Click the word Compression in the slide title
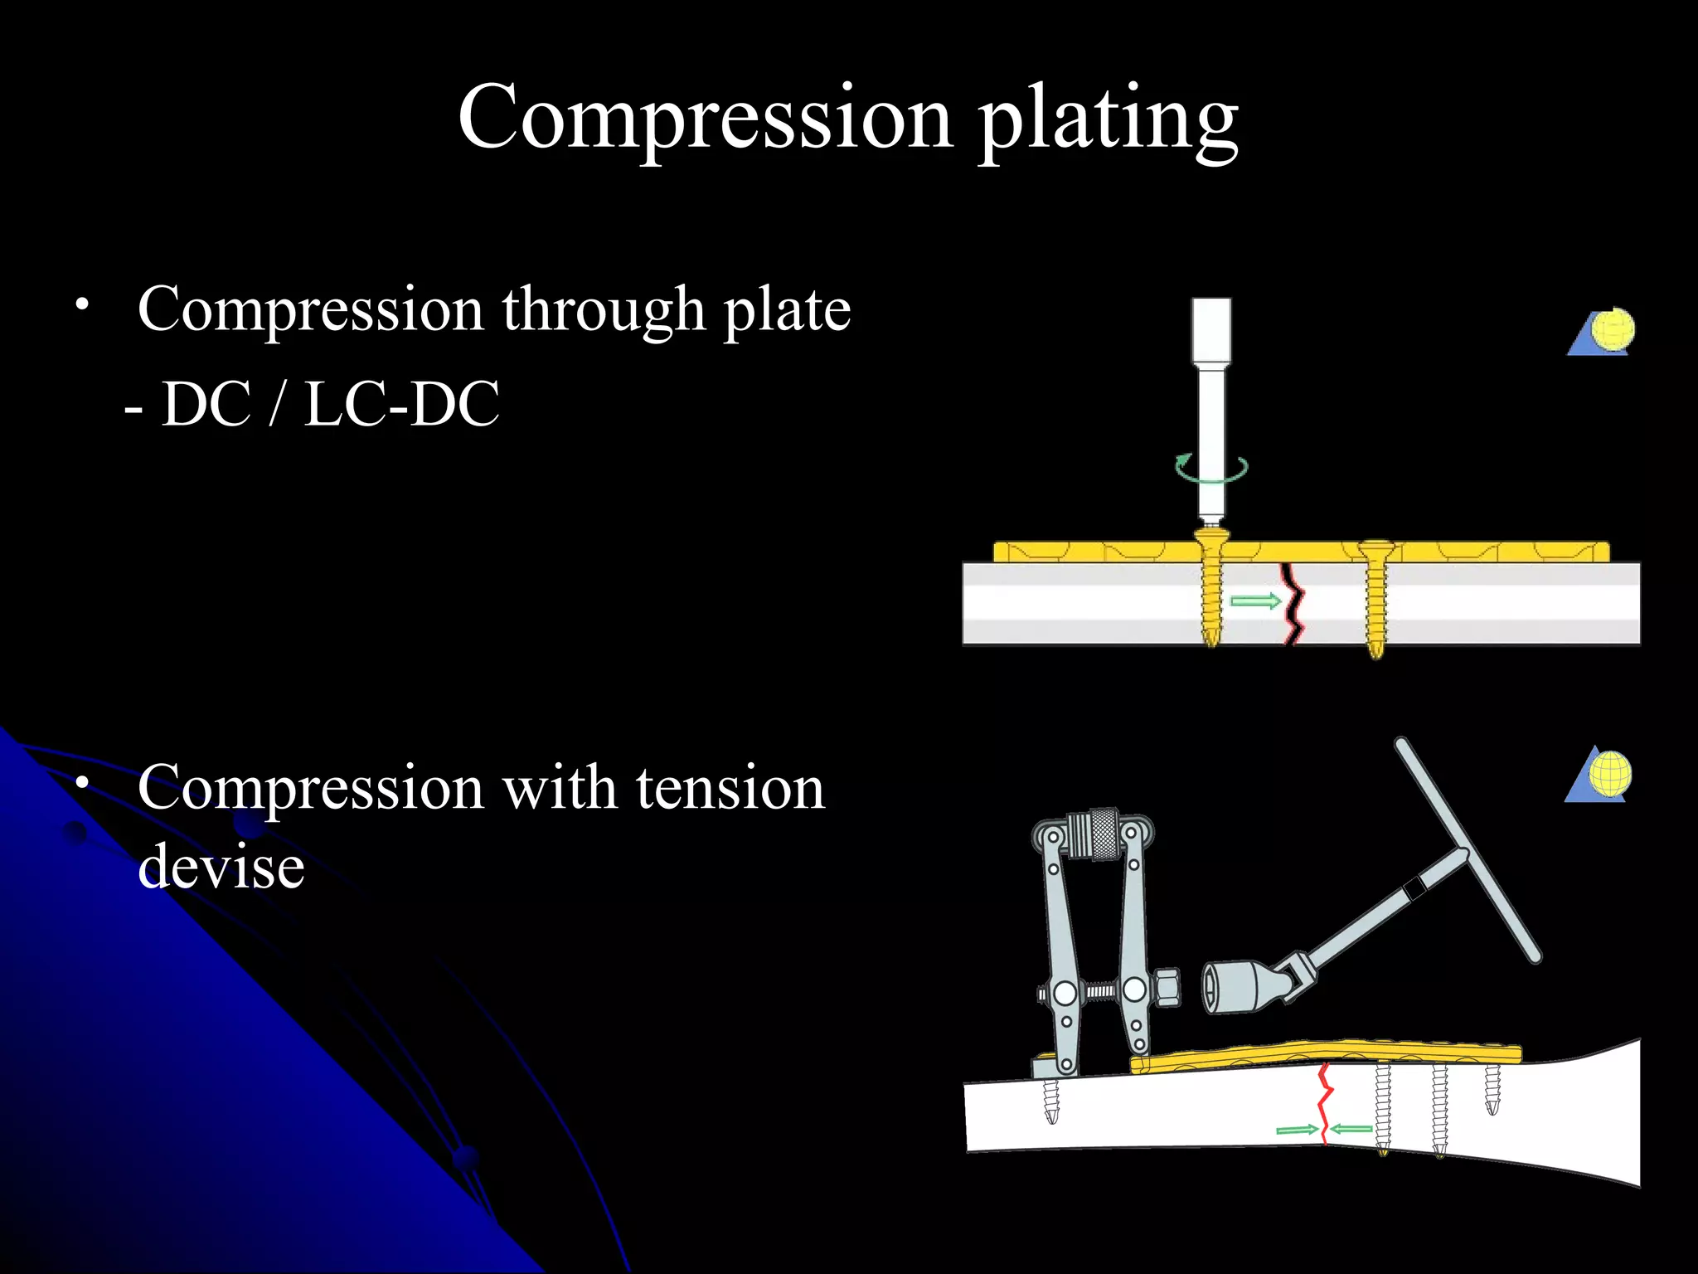[x=705, y=119]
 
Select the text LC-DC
[x=401, y=405]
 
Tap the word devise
[x=221, y=866]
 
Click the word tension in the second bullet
[x=730, y=788]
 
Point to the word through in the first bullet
[x=603, y=309]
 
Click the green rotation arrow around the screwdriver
[x=1210, y=469]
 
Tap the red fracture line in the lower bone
[x=1324, y=1103]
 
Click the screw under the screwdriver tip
[x=1211, y=589]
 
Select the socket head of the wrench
[x=1235, y=986]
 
